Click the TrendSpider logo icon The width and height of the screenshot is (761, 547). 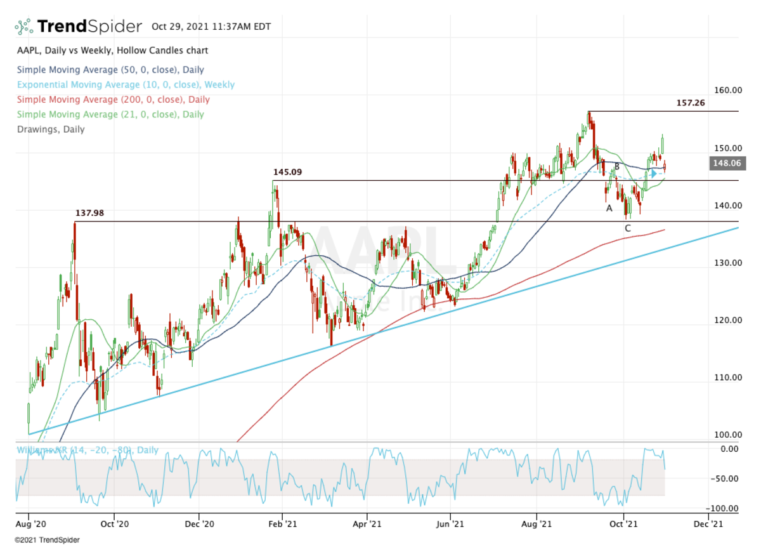pos(23,27)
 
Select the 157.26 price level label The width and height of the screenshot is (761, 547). pos(691,102)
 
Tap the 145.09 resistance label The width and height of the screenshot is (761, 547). pos(287,172)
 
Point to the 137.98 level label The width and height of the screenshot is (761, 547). pos(89,213)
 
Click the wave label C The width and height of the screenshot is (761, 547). pos(627,228)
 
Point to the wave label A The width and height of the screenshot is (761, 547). pos(609,208)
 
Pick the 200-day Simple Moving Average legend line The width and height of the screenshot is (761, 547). pos(114,100)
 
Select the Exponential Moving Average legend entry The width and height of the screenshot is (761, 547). pos(126,84)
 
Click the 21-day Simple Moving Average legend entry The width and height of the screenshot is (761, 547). pos(110,114)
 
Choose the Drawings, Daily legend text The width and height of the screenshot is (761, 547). pos(51,129)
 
